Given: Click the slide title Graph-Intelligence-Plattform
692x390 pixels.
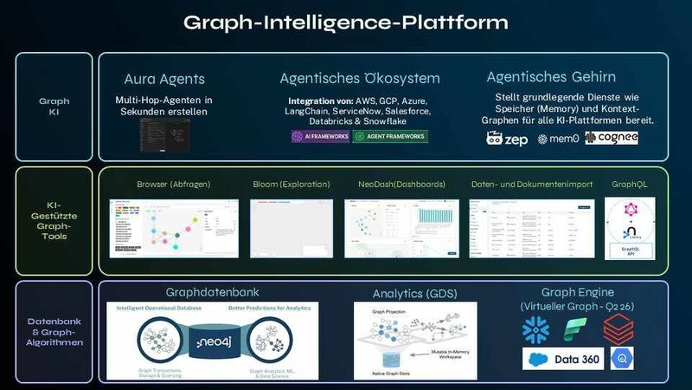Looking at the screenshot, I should tap(345, 21).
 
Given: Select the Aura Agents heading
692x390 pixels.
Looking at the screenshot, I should tap(164, 79).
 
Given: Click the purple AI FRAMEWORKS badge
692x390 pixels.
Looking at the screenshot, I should tap(320, 136).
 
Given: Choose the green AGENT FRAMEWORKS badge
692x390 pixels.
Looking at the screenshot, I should tap(390, 136).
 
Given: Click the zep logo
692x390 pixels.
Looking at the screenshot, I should tap(507, 138).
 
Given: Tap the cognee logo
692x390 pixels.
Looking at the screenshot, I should tap(612, 138).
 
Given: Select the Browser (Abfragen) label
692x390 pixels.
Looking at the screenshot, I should tap(173, 185).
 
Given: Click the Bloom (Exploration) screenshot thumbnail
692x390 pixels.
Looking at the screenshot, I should tap(292, 227).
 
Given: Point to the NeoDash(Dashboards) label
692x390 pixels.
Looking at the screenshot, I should tap(401, 185).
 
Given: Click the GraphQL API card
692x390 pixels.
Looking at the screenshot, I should tap(629, 227).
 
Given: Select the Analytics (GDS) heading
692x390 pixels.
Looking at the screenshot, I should tap(414, 294).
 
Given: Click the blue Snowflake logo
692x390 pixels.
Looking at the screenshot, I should tap(537, 330).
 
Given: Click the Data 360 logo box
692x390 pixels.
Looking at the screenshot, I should tap(563, 359).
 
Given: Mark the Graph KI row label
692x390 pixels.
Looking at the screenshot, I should tap(54, 107).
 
